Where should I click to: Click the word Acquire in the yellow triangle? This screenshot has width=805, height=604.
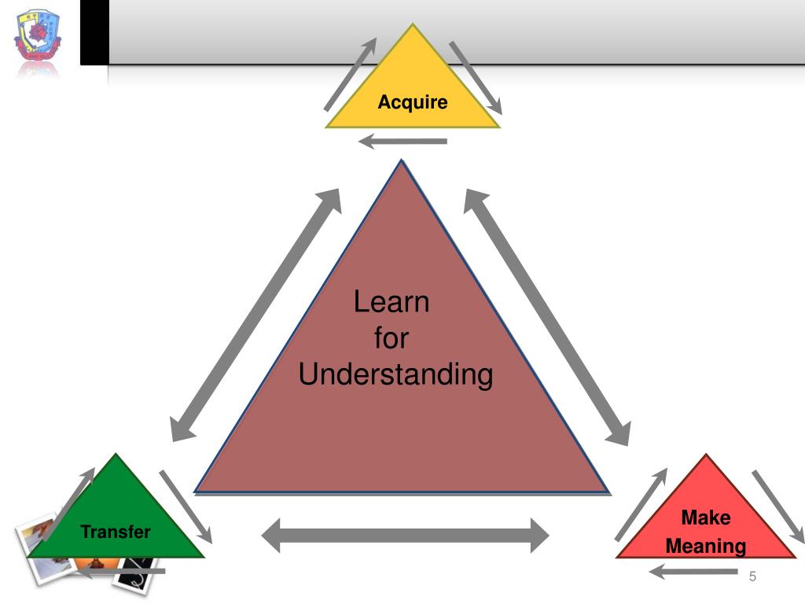pyautogui.click(x=413, y=102)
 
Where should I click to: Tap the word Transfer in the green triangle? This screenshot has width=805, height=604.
pyautogui.click(x=116, y=532)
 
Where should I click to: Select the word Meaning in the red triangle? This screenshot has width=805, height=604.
pyautogui.click(x=706, y=546)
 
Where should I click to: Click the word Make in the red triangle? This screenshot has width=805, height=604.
pyautogui.click(x=705, y=517)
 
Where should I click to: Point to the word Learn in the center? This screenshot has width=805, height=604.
pyautogui.click(x=391, y=302)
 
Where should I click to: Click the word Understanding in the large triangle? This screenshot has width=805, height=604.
pyautogui.click(x=395, y=374)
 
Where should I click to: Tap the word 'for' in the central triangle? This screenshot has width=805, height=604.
pyautogui.click(x=391, y=338)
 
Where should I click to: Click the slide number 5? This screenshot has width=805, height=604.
pyautogui.click(x=752, y=577)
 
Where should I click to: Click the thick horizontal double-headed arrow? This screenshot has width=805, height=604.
pyautogui.click(x=405, y=536)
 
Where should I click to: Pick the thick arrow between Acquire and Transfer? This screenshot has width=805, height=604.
pyautogui.click(x=256, y=315)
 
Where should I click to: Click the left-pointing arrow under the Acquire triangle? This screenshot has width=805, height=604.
pyautogui.click(x=402, y=142)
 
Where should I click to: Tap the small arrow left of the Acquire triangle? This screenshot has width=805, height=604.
pyautogui.click(x=351, y=75)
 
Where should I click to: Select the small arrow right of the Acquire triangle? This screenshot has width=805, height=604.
pyautogui.click(x=476, y=76)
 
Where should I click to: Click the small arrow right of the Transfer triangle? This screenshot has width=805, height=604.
pyautogui.click(x=186, y=506)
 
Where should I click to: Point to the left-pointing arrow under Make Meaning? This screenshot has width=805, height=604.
pyautogui.click(x=684, y=573)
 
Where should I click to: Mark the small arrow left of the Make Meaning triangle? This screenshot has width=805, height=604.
pyautogui.click(x=641, y=504)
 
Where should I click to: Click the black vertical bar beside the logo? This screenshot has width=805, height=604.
pyautogui.click(x=94, y=32)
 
